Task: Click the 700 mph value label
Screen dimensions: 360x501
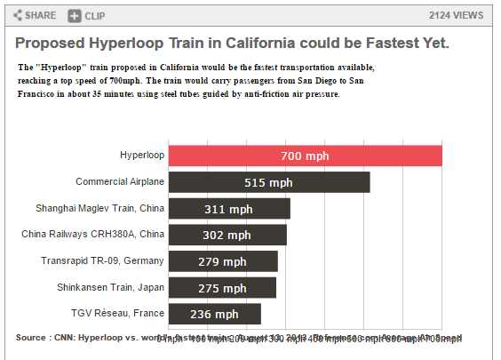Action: tap(305, 156)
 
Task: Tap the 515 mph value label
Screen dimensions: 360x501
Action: tap(268, 182)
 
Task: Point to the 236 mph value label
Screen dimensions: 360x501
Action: tap(214, 314)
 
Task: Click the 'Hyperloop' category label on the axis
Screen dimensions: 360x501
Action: tap(142, 156)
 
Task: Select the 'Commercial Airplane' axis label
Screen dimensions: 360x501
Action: tap(120, 181)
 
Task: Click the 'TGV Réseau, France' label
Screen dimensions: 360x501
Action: tap(118, 313)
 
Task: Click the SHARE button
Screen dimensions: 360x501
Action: tap(35, 15)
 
